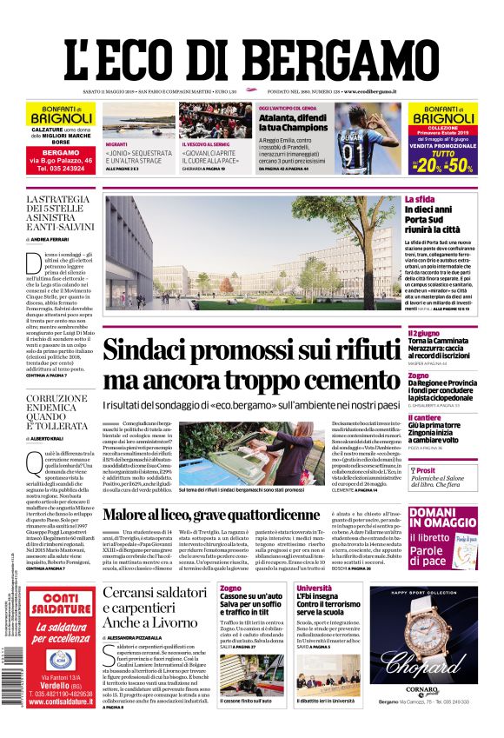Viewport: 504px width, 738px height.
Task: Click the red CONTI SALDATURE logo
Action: pos(60,604)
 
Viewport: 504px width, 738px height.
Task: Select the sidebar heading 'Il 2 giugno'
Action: pos(424,333)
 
